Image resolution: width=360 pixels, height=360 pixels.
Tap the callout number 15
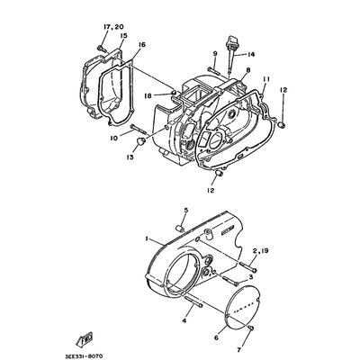pyautogui.click(x=122, y=37)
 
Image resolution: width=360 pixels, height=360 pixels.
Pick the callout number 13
pyautogui.click(x=130, y=157)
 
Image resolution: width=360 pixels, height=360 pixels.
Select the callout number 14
pyautogui.click(x=251, y=54)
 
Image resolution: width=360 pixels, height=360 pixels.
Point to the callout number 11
pyautogui.click(x=266, y=79)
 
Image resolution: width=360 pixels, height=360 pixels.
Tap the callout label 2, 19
pyautogui.click(x=261, y=275)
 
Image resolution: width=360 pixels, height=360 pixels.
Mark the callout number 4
pyautogui.click(x=184, y=320)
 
